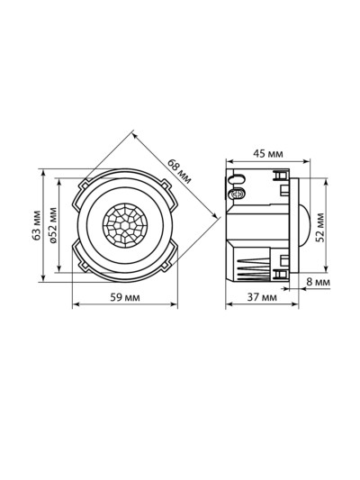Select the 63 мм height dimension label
[37, 225]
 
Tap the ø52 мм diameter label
[53, 225]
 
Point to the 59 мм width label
[125, 297]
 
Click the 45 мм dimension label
[268, 154]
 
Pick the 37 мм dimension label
[262, 297]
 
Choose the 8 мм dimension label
[318, 282]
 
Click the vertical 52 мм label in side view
[320, 228]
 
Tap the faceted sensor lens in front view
[125, 225]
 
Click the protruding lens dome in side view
[304, 225]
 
